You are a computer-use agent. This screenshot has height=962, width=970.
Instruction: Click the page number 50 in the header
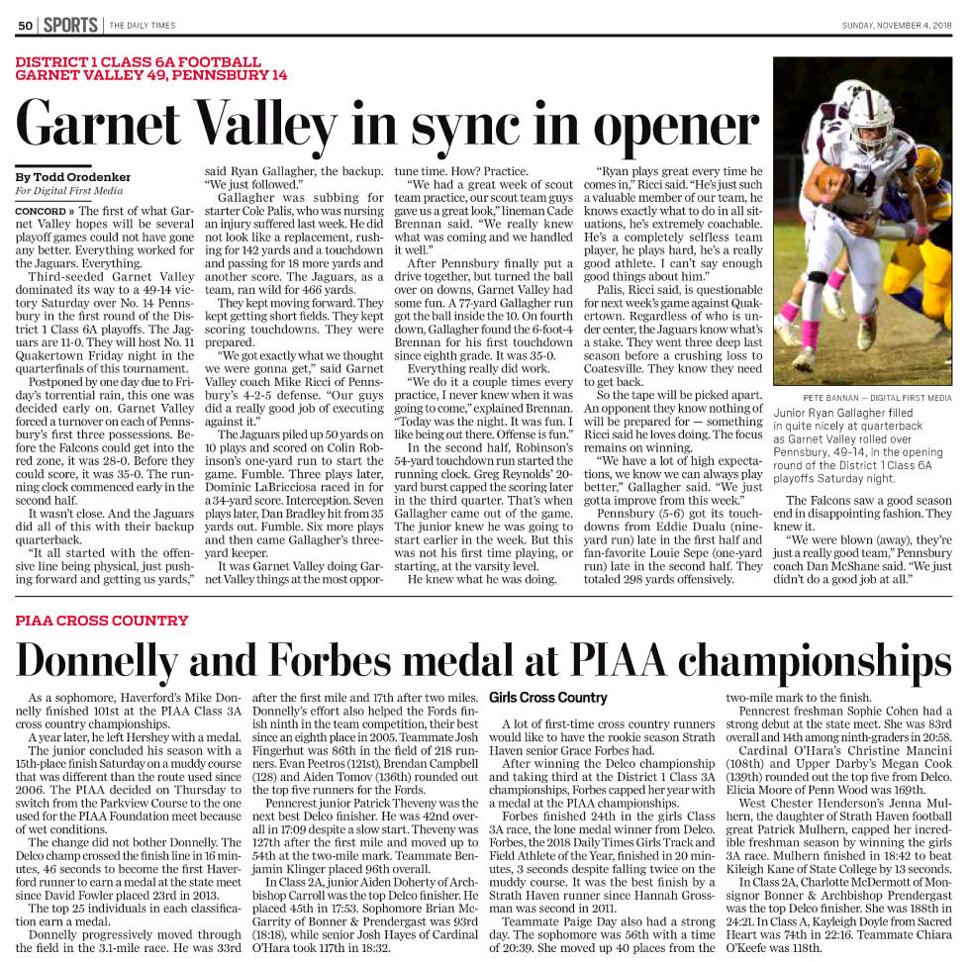26,25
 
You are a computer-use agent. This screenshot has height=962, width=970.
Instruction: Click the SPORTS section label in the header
69,25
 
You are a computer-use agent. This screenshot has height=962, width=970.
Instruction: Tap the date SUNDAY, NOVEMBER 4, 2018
897,25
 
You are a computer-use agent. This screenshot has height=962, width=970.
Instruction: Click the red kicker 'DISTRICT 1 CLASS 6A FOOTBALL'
139,61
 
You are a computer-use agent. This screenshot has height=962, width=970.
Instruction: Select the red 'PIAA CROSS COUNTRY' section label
102,621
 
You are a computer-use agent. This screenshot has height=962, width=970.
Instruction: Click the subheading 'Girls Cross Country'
548,698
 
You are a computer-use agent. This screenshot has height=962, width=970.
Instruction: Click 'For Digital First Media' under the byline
69,191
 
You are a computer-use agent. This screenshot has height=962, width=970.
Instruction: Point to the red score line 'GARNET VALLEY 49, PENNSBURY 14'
151,75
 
